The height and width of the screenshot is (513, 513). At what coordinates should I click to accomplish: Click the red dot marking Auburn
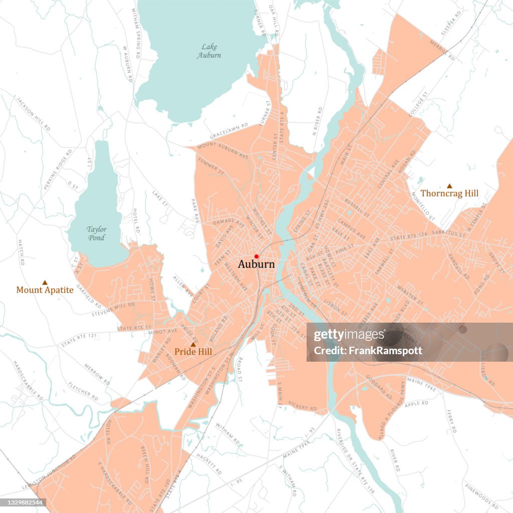click(x=256, y=256)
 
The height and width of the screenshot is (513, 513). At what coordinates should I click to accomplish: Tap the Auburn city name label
click(x=256, y=264)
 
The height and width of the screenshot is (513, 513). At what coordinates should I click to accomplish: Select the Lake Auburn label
click(x=208, y=51)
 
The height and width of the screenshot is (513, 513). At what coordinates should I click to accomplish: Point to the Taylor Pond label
click(x=96, y=233)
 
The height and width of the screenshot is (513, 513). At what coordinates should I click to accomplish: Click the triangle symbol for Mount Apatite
click(x=45, y=283)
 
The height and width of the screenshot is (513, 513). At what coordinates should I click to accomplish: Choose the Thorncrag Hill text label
click(x=449, y=193)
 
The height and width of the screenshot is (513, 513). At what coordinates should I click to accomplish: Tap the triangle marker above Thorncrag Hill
click(x=449, y=185)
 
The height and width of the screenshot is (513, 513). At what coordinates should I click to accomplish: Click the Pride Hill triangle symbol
click(x=193, y=345)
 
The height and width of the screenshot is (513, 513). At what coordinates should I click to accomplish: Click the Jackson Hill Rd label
click(x=33, y=114)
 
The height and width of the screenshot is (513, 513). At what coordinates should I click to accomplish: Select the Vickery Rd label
click(x=302, y=407)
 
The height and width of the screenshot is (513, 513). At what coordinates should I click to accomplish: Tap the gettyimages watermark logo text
click(x=343, y=336)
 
